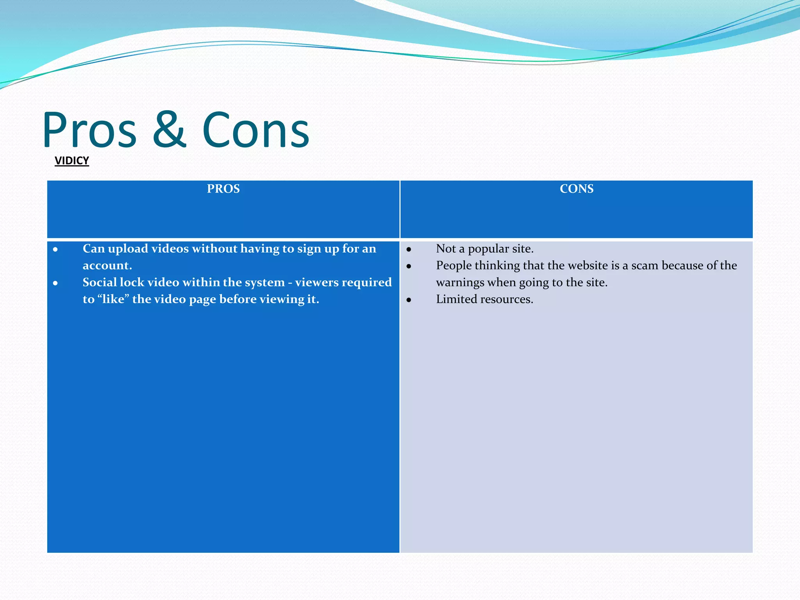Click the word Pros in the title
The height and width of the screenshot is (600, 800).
coord(89,130)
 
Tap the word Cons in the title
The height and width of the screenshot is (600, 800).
coord(255,130)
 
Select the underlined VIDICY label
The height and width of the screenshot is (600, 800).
coord(72,161)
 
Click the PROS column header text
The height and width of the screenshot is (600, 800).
coord(223,189)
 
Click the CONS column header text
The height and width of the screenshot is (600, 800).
coord(576,189)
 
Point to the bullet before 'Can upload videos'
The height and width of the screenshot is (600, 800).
coord(55,249)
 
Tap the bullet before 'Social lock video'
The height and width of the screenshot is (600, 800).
coord(55,283)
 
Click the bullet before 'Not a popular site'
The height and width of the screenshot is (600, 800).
coord(409,249)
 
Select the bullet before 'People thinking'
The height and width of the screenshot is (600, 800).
coord(409,266)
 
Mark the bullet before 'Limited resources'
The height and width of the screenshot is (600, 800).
coord(409,300)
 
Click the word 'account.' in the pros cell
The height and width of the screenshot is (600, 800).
coord(107,266)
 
